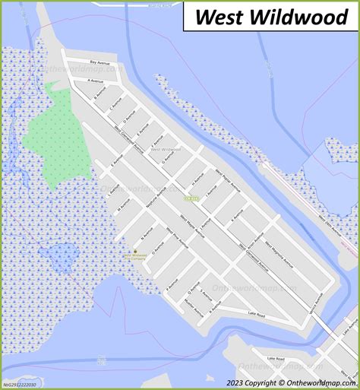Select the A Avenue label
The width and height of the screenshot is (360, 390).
click(x=95, y=80)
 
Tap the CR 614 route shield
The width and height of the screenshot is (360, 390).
click(x=188, y=198)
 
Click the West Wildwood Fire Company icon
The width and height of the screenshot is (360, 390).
click(x=135, y=252)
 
